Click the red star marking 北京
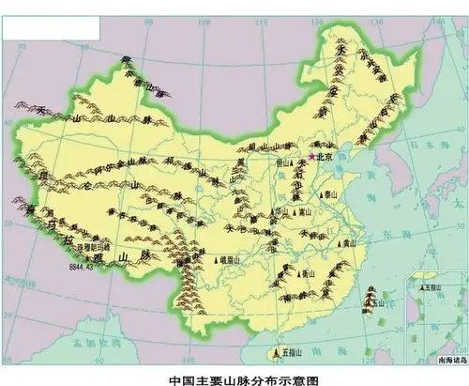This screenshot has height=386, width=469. (x=311, y=157)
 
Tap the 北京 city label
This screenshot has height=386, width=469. (x=326, y=158)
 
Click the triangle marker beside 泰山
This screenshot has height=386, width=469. (x=321, y=195)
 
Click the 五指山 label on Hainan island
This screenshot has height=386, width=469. (x=286, y=355)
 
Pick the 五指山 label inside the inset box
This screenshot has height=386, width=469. (x=433, y=288)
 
